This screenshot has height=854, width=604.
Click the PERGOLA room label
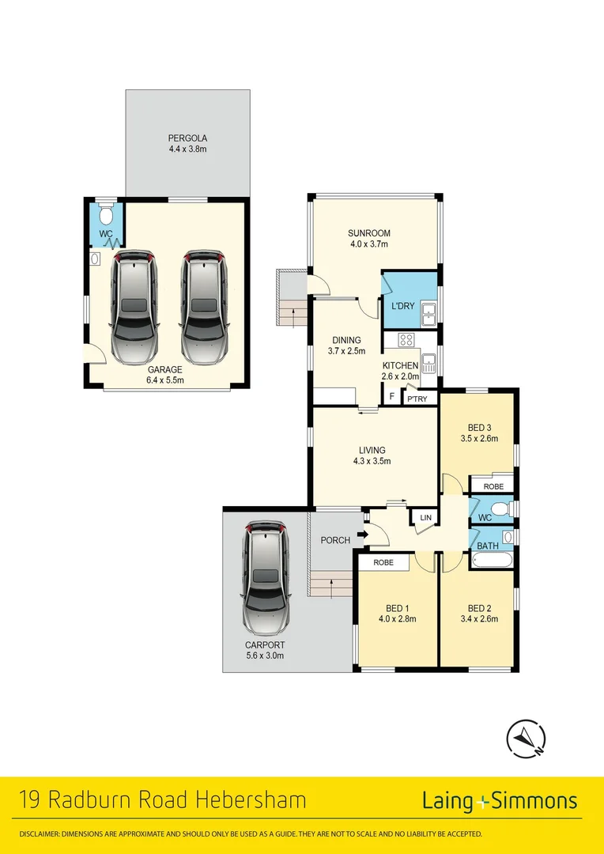point(187,138)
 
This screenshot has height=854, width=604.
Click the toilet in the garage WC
point(108,215)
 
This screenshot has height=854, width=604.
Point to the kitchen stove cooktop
point(406,340)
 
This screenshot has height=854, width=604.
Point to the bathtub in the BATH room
point(492,561)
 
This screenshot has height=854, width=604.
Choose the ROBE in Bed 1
point(383,562)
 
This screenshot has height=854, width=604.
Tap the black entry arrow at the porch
point(362,535)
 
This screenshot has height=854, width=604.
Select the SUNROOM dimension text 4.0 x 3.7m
point(369,244)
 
